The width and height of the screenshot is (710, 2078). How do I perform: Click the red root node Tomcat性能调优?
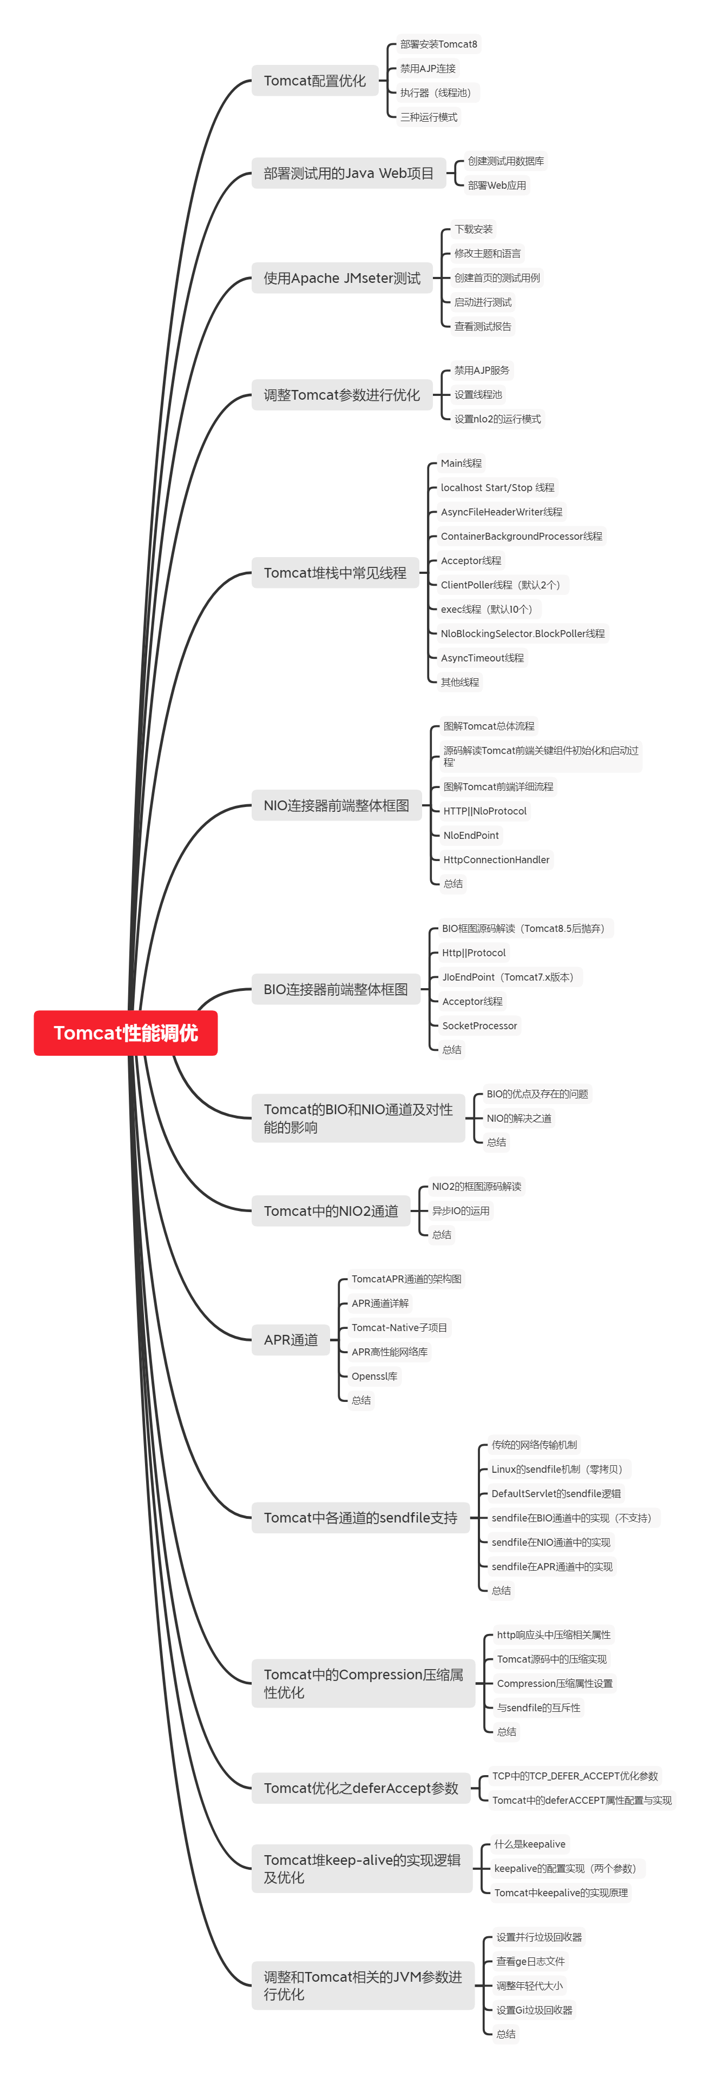coord(125,1033)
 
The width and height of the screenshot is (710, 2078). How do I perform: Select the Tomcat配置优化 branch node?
coord(314,81)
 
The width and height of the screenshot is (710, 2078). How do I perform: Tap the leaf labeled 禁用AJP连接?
coord(428,69)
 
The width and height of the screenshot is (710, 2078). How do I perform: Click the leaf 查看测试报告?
coord(483,327)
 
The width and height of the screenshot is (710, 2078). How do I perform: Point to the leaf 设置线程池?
coord(478,394)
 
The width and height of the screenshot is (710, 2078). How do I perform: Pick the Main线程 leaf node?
coord(461,463)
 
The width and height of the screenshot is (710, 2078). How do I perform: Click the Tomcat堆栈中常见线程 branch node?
coord(335,573)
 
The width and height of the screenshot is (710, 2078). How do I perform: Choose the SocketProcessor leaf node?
coord(479,1025)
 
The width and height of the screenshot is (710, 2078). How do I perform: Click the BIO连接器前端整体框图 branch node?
coord(336,990)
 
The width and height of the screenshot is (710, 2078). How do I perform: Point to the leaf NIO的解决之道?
coord(519,1118)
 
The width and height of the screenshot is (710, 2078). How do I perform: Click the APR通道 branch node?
coord(291,1340)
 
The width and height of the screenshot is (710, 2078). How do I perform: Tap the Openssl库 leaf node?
coord(374,1376)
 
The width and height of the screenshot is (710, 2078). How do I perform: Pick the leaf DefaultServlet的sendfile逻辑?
coord(556,1494)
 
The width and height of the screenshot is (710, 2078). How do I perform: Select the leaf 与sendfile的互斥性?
coord(538,1708)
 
